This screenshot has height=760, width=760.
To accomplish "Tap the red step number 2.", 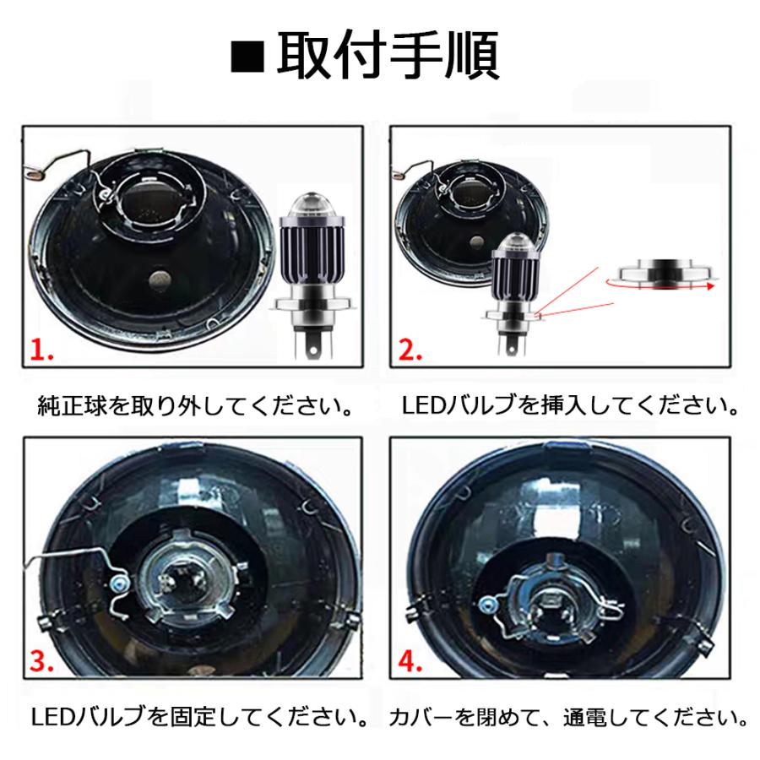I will coord(410,349).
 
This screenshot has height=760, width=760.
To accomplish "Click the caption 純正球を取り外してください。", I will coord(196,406).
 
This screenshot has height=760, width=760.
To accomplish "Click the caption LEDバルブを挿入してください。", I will coord(571,406).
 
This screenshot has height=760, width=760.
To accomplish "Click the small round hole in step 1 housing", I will coord(158,280).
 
